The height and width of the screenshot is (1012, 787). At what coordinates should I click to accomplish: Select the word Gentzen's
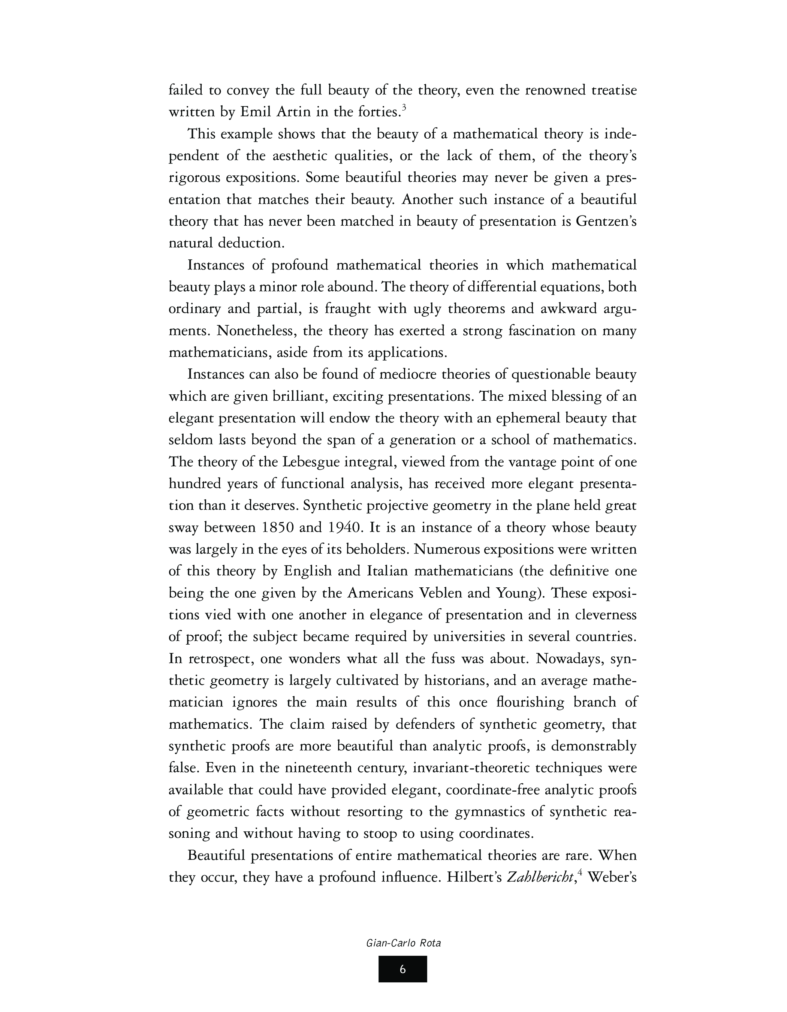pos(606,222)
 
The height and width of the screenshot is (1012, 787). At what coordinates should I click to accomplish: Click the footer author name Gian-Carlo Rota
pos(403,943)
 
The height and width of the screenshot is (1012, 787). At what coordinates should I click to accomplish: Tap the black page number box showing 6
pos(402,969)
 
